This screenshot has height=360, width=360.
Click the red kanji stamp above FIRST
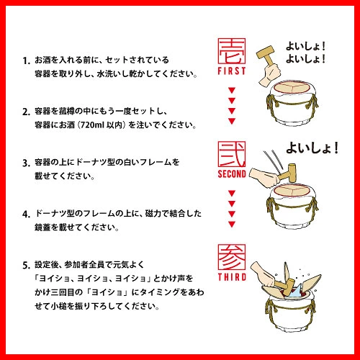coord(232,51)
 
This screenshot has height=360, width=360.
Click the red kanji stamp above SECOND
coord(232,154)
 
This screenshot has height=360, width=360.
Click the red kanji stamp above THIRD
coord(232,257)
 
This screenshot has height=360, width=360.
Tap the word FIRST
coord(232,71)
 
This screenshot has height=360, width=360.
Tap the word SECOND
coord(232,174)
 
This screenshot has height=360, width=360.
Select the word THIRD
coord(232,277)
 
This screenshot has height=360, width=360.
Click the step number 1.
coord(26,60)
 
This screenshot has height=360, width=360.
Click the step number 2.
coord(26,112)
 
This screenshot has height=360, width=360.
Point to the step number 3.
coord(26,163)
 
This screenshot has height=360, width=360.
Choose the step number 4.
coord(26,214)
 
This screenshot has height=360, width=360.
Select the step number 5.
coord(26,266)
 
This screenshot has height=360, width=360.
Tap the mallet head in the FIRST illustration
coord(266,52)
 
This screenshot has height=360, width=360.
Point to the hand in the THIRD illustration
coord(262,274)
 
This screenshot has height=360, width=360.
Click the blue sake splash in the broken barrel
coord(294,292)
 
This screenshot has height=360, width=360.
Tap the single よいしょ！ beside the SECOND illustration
coord(312,148)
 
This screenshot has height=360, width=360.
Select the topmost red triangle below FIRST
coord(232,91)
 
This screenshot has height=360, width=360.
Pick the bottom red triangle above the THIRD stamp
coord(232,224)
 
